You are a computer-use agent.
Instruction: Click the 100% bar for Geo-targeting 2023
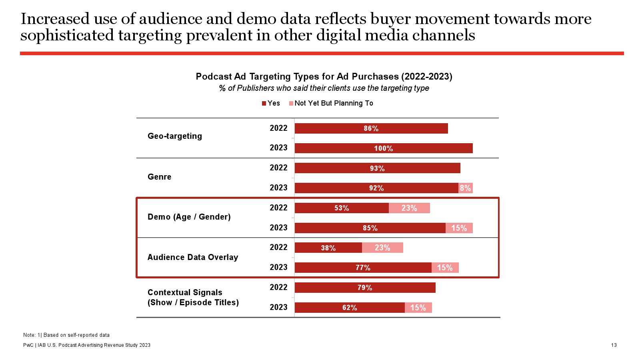pyautogui.click(x=384, y=148)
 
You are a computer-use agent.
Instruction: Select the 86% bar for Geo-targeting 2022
pyautogui.click(x=371, y=128)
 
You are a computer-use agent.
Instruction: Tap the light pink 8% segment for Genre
pyautogui.click(x=465, y=188)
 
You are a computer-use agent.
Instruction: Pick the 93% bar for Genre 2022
pyautogui.click(x=377, y=168)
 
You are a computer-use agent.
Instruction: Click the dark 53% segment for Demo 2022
pyautogui.click(x=342, y=208)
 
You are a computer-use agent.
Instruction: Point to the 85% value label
pyautogui.click(x=370, y=228)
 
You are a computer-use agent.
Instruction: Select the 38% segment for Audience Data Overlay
pyautogui.click(x=328, y=248)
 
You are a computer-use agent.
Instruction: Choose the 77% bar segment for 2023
pyautogui.click(x=363, y=268)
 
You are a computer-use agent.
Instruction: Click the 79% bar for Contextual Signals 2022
pyautogui.click(x=365, y=288)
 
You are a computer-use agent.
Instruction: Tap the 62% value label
pyautogui.click(x=350, y=308)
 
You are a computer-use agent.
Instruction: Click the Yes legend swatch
pyautogui.click(x=264, y=103)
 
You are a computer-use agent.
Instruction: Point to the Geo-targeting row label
pyautogui.click(x=175, y=136)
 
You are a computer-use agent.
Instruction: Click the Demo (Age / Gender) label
pyautogui.click(x=189, y=217)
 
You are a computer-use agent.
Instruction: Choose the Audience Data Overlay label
pyautogui.click(x=193, y=257)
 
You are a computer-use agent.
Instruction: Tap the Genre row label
pyautogui.click(x=159, y=177)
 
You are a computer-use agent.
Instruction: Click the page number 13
pyautogui.click(x=614, y=345)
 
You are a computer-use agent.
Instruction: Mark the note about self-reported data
pyautogui.click(x=66, y=335)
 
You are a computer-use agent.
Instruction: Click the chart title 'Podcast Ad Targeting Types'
pyautogui.click(x=324, y=76)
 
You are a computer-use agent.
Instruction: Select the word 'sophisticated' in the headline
pyautogui.click(x=67, y=35)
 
